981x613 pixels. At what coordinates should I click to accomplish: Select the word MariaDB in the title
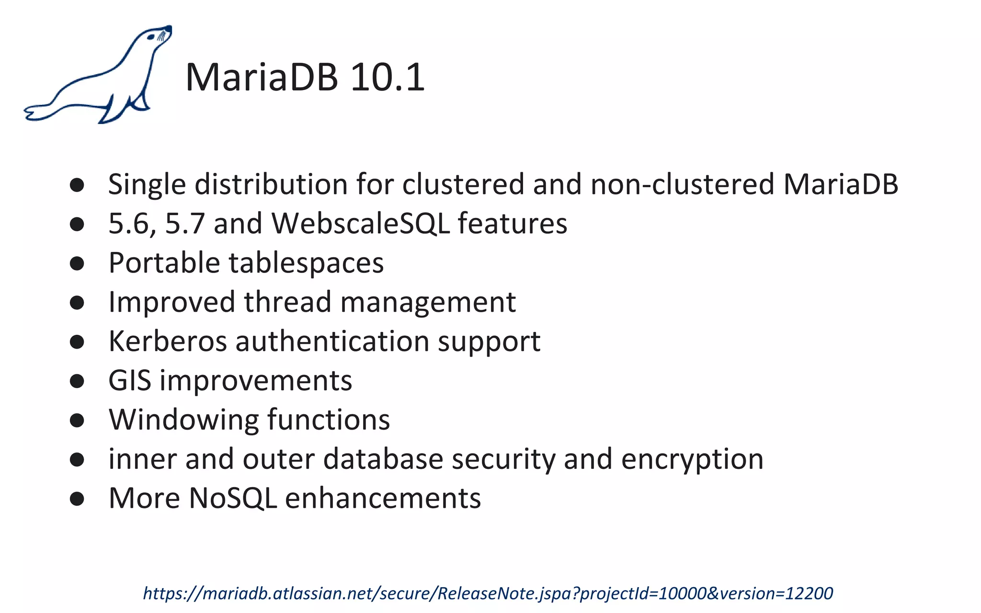pyautogui.click(x=262, y=77)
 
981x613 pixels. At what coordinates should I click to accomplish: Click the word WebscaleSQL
pyautogui.click(x=360, y=223)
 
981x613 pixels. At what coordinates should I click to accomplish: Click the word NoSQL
pyautogui.click(x=233, y=498)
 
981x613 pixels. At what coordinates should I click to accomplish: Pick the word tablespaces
pyautogui.click(x=306, y=263)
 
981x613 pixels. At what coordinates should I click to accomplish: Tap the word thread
pyautogui.click(x=287, y=302)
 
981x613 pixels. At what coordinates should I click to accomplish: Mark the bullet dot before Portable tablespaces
pyautogui.click(x=77, y=263)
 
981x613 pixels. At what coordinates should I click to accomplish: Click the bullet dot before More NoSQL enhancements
pyautogui.click(x=77, y=499)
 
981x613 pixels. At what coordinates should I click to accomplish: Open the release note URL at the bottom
pyautogui.click(x=488, y=593)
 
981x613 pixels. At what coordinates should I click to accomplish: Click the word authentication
pyautogui.click(x=332, y=341)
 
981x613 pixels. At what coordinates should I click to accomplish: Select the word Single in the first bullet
pyautogui.click(x=147, y=185)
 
